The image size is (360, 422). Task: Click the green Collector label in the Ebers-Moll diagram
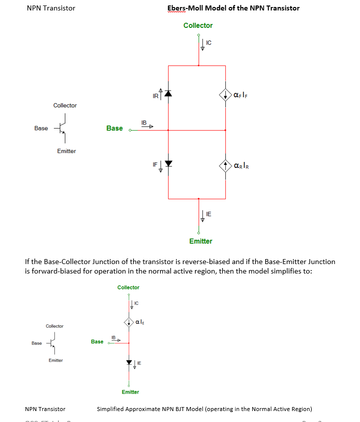pos(198,25)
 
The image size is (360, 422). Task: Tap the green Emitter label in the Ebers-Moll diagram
pos(200,241)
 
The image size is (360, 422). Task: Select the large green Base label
pos(114,129)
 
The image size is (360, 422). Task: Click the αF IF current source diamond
pos(226,94)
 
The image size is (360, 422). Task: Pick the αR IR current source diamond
pos(226,165)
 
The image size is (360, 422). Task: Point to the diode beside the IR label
pos(168,94)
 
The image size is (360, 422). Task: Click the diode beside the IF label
pos(168,163)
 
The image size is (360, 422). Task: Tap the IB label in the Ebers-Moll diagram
pos(144,123)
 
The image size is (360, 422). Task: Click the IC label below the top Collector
pos(208,43)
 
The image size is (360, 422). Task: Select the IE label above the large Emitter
pos(208,214)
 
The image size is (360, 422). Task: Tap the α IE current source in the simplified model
pos(129,321)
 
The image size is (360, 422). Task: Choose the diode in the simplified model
pos(129,362)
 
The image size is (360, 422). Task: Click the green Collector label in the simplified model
pos(128,287)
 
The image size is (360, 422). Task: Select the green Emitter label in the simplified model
pos(130,392)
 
